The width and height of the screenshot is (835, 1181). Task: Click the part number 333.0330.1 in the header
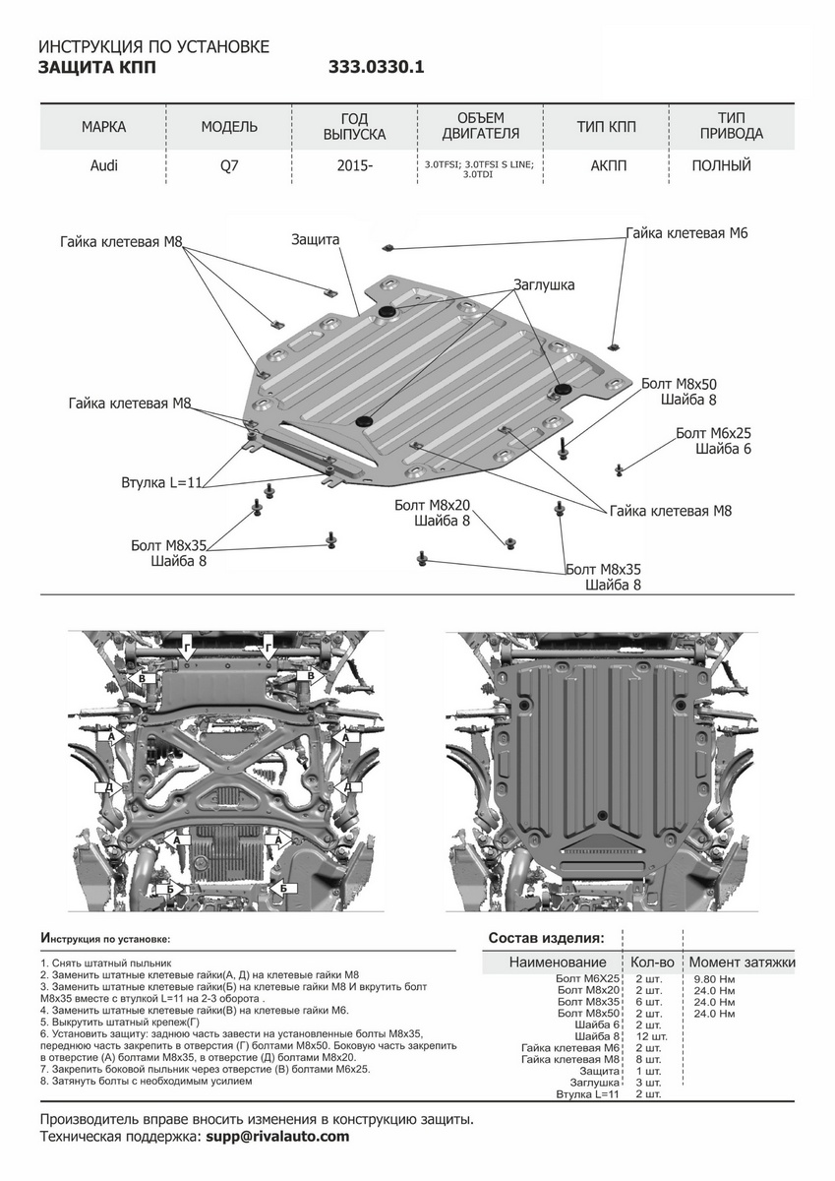(378, 68)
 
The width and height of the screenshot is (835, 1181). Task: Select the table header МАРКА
(103, 127)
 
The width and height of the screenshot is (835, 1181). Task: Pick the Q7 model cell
(228, 165)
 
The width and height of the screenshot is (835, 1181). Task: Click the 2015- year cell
(354, 165)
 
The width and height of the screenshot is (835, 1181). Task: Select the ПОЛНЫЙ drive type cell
(721, 165)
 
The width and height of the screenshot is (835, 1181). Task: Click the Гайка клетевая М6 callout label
(687, 233)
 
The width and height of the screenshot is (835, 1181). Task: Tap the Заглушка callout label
(543, 284)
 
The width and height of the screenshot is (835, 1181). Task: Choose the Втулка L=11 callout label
(161, 483)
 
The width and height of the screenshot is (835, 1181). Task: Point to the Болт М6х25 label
(713, 433)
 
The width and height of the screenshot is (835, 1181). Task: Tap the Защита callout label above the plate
(315, 239)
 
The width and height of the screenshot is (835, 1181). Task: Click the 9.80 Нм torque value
(713, 979)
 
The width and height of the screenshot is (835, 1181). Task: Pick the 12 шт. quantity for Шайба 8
(651, 1036)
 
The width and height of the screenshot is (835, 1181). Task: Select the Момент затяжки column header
(742, 962)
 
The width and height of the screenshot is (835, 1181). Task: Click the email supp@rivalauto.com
(277, 1137)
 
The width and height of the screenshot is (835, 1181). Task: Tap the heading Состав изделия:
(547, 938)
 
